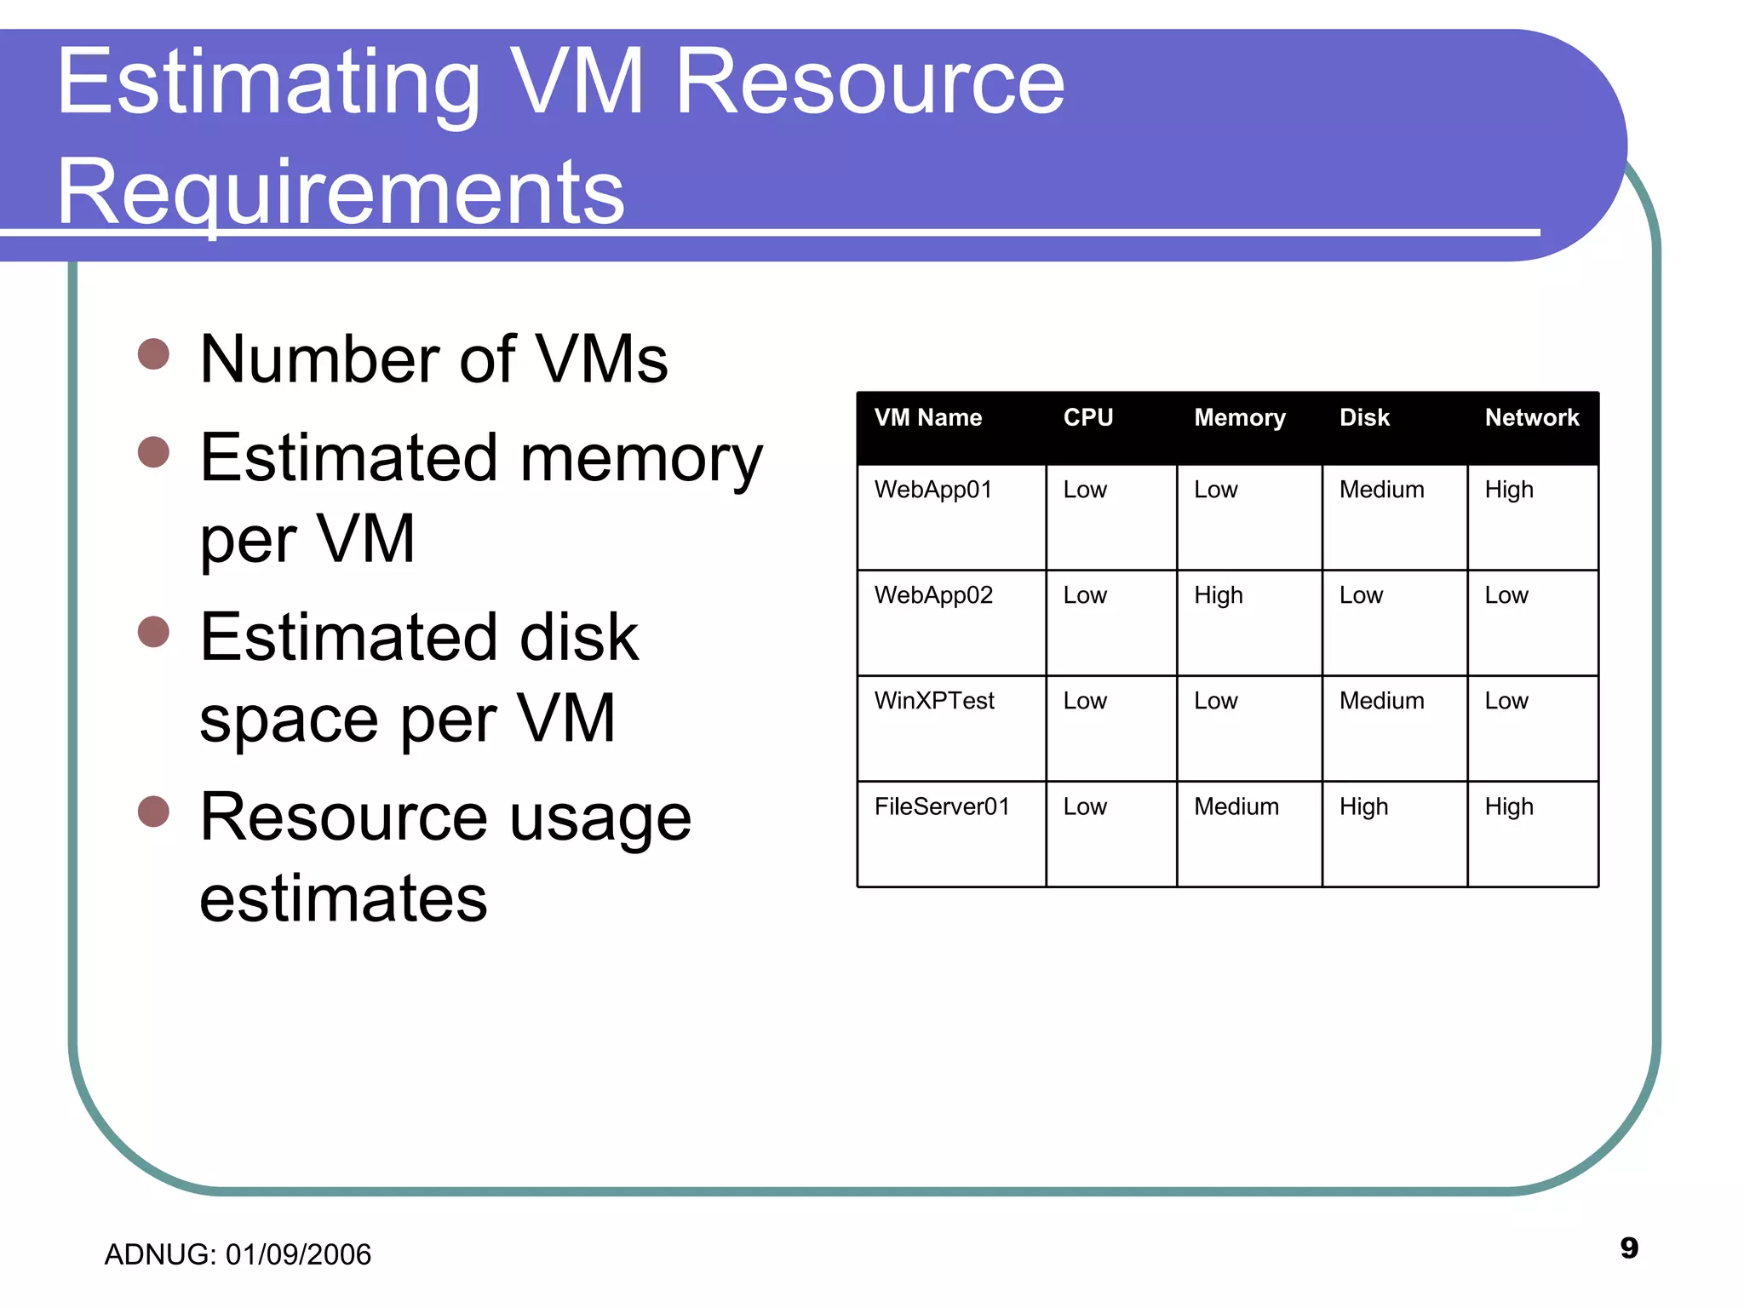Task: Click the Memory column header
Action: click(x=1239, y=418)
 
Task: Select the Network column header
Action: click(x=1531, y=418)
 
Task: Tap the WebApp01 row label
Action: click(x=932, y=490)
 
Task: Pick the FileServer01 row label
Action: click(x=941, y=806)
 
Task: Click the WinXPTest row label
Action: click(x=934, y=701)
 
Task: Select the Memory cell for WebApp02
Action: click(x=1218, y=595)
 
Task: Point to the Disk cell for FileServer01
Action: click(x=1363, y=806)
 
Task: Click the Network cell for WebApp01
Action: click(x=1508, y=490)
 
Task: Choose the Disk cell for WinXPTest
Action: click(x=1381, y=701)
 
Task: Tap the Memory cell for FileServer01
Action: click(x=1236, y=806)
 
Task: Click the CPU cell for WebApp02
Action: click(x=1084, y=595)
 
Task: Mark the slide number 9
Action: click(x=1628, y=1248)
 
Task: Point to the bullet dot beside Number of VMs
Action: click(x=154, y=353)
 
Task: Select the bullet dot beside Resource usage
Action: click(x=154, y=812)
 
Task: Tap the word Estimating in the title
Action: click(x=269, y=83)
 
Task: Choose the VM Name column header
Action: click(x=927, y=418)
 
